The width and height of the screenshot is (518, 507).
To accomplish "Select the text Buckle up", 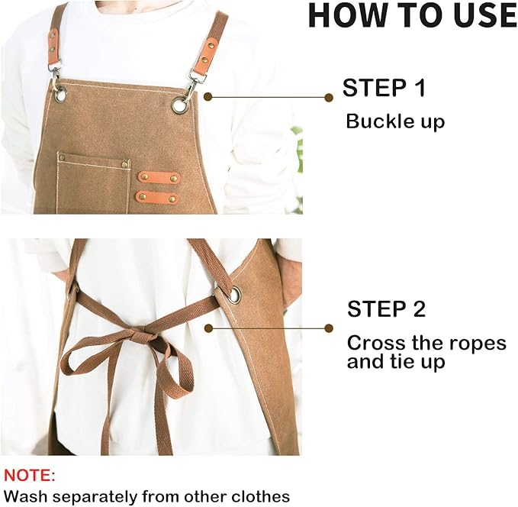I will pyautogui.click(x=394, y=121).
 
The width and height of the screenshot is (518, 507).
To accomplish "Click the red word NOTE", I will pyautogui.click(x=30, y=476).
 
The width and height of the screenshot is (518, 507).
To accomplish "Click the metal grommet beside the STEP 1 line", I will pyautogui.click(x=181, y=105).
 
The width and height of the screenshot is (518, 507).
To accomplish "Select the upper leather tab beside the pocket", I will pyautogui.click(x=159, y=178).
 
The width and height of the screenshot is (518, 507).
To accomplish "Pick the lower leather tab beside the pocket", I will pyautogui.click(x=157, y=198).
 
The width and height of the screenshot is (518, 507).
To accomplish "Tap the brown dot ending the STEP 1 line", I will pyautogui.click(x=328, y=97).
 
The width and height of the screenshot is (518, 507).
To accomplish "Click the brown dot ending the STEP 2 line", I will pyautogui.click(x=328, y=328).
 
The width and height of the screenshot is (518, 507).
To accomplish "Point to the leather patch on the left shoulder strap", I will pyautogui.click(x=53, y=47).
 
